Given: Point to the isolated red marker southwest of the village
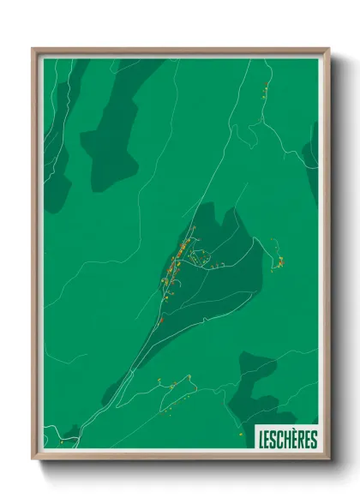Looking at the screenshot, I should [160, 320].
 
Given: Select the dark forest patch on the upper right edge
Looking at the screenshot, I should [310, 159].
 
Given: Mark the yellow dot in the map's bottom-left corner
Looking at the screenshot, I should [61, 443].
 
